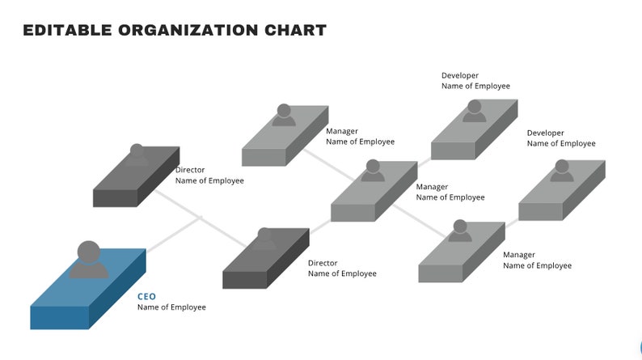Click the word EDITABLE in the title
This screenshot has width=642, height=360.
coord(66,31)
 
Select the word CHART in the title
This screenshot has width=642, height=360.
coord(296,31)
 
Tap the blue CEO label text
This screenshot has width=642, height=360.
coord(146,297)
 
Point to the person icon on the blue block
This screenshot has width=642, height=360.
coord(88,260)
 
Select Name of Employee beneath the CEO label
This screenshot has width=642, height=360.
coord(171,307)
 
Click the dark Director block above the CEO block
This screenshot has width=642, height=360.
coord(133,182)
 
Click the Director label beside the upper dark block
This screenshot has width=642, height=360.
coord(190,170)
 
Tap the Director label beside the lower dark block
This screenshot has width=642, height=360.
coord(323,263)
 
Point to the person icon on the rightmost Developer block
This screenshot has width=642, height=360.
coord(561,171)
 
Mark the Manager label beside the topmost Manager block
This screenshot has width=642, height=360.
coord(342,131)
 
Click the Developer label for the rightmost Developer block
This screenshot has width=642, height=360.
coord(546,133)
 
